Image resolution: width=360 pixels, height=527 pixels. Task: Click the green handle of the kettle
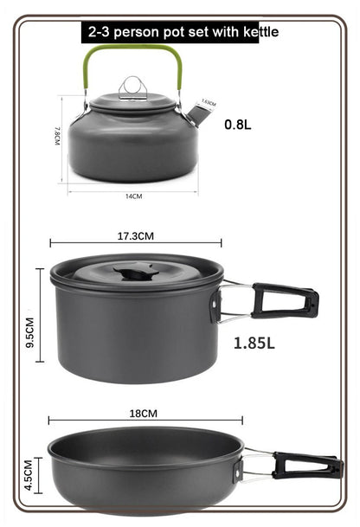[x=132, y=51]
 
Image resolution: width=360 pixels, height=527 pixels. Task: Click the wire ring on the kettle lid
[x=132, y=86]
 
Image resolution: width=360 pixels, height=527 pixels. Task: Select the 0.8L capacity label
[x=238, y=124]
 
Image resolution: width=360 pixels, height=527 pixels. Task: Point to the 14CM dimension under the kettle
[x=132, y=197]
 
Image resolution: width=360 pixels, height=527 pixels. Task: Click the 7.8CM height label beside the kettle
[x=57, y=136]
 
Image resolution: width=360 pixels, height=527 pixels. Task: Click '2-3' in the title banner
[x=99, y=34]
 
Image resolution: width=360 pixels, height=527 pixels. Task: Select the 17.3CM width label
[x=135, y=235]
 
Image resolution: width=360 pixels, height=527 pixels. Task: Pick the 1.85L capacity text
[x=254, y=343]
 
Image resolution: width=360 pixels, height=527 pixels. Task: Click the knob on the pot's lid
[x=134, y=273]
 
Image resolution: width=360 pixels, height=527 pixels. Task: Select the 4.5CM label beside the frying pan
[x=29, y=476]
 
